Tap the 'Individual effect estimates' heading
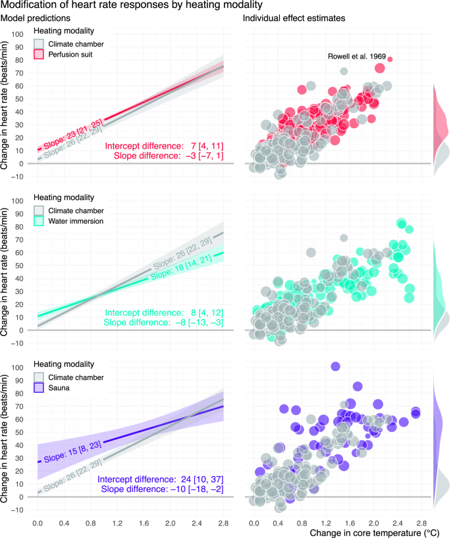294,19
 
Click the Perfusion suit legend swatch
40,55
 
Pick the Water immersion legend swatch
40,221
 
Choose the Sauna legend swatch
40,388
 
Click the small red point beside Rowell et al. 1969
390,59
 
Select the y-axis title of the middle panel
6,272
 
